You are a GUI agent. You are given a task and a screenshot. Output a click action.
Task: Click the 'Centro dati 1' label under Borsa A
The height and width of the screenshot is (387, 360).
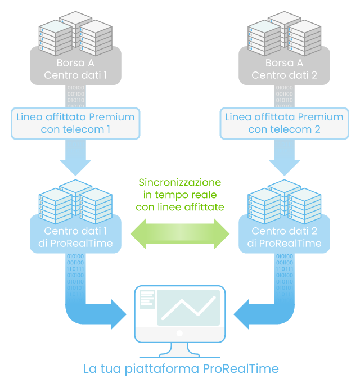click(x=75, y=75)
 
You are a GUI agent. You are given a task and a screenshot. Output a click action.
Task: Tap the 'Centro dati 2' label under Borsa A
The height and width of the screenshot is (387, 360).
click(x=284, y=75)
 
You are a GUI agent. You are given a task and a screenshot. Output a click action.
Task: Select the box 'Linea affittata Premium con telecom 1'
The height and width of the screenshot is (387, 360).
click(x=75, y=124)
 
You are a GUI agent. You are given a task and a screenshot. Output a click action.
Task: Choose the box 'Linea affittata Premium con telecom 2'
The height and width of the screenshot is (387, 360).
click(x=284, y=124)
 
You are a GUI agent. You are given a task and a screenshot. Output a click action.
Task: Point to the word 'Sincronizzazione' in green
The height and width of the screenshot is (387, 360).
click(x=180, y=183)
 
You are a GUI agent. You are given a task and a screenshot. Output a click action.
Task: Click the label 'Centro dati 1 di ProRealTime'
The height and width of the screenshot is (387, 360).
click(x=75, y=237)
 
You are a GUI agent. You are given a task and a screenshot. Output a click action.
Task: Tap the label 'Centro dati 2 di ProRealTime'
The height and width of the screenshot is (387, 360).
click(x=284, y=237)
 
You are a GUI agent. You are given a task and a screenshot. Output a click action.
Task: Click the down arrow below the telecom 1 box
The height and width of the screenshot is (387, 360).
click(x=75, y=160)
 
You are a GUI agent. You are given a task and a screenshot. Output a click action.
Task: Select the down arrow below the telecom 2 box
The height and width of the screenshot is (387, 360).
click(x=284, y=160)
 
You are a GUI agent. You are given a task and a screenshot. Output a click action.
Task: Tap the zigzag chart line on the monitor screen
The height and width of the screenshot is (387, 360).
click(x=188, y=308)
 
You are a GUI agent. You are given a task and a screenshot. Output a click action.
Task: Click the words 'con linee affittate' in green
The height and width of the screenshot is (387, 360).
click(x=180, y=208)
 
